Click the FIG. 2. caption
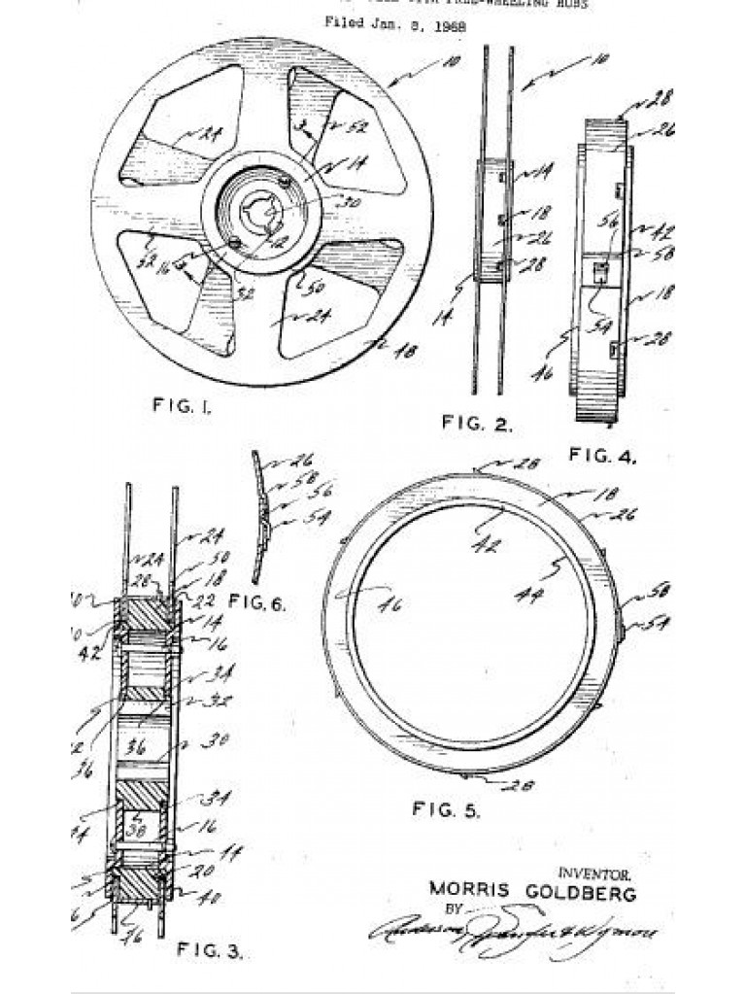[477, 423]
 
